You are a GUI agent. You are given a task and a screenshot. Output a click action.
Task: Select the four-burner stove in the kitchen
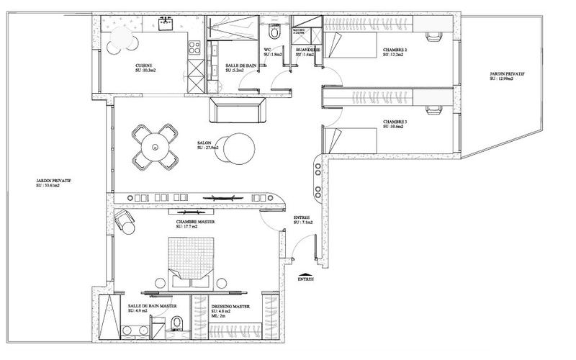193,48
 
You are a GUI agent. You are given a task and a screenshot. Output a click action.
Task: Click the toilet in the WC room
274,34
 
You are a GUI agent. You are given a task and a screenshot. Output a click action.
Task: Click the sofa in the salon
238,112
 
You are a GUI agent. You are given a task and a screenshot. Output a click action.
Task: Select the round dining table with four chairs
153,146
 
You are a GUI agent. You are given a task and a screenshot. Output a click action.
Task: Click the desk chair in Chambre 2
434,35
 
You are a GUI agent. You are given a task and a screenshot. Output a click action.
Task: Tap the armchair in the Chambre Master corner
127,222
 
